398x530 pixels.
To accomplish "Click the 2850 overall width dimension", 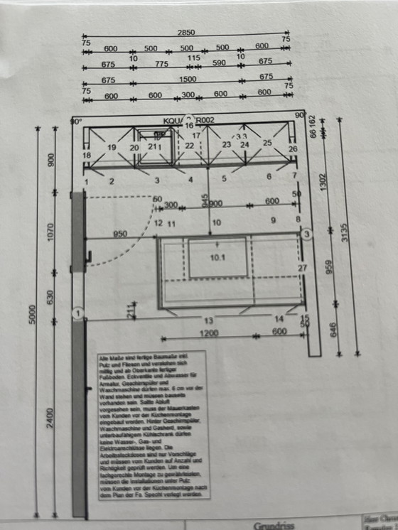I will coord(185,33).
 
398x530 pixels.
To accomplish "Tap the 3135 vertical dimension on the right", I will coord(345,232).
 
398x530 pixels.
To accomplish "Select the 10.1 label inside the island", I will coord(217,259).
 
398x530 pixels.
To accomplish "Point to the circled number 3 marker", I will coord(306,234).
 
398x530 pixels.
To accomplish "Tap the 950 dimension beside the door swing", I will coord(119,234).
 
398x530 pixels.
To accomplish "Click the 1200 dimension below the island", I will coord(208,333).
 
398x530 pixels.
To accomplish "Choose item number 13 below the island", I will coord(208,320).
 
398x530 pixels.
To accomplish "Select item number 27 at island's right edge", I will coord(302,268).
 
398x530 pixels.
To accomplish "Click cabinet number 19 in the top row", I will coord(112,147).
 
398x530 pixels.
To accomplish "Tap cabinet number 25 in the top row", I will coord(267,143).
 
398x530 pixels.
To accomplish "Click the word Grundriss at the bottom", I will coord(274,526).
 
